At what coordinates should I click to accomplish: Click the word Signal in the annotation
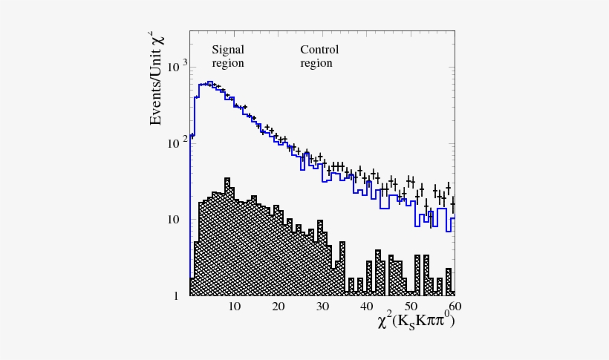(228, 50)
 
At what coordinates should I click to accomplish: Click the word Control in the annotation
(319, 50)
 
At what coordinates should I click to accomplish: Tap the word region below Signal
(228, 63)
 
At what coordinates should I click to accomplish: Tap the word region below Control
(316, 63)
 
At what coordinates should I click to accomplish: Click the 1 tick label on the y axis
(177, 296)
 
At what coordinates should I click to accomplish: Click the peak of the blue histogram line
(210, 82)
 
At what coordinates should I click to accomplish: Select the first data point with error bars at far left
(192, 136)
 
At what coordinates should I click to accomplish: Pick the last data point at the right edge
(453, 203)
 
